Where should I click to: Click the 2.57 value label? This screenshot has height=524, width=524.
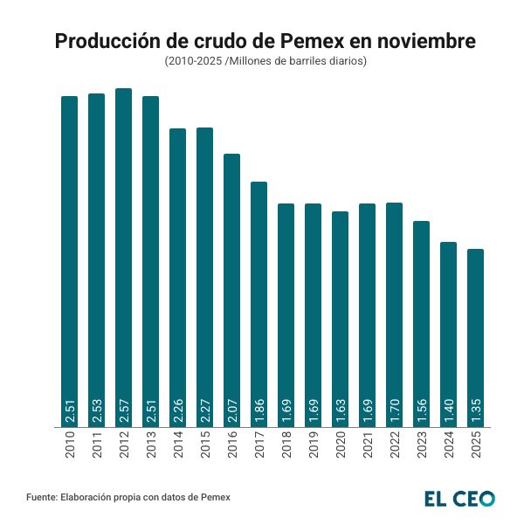(x=123, y=410)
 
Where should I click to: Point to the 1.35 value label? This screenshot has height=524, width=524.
(x=475, y=410)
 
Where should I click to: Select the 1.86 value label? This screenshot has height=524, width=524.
(x=259, y=410)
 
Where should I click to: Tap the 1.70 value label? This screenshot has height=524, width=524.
(x=394, y=410)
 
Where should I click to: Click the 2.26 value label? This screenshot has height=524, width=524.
(x=177, y=410)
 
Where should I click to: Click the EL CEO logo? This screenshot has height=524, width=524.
(x=458, y=499)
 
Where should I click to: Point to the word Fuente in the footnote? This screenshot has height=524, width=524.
(x=42, y=498)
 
